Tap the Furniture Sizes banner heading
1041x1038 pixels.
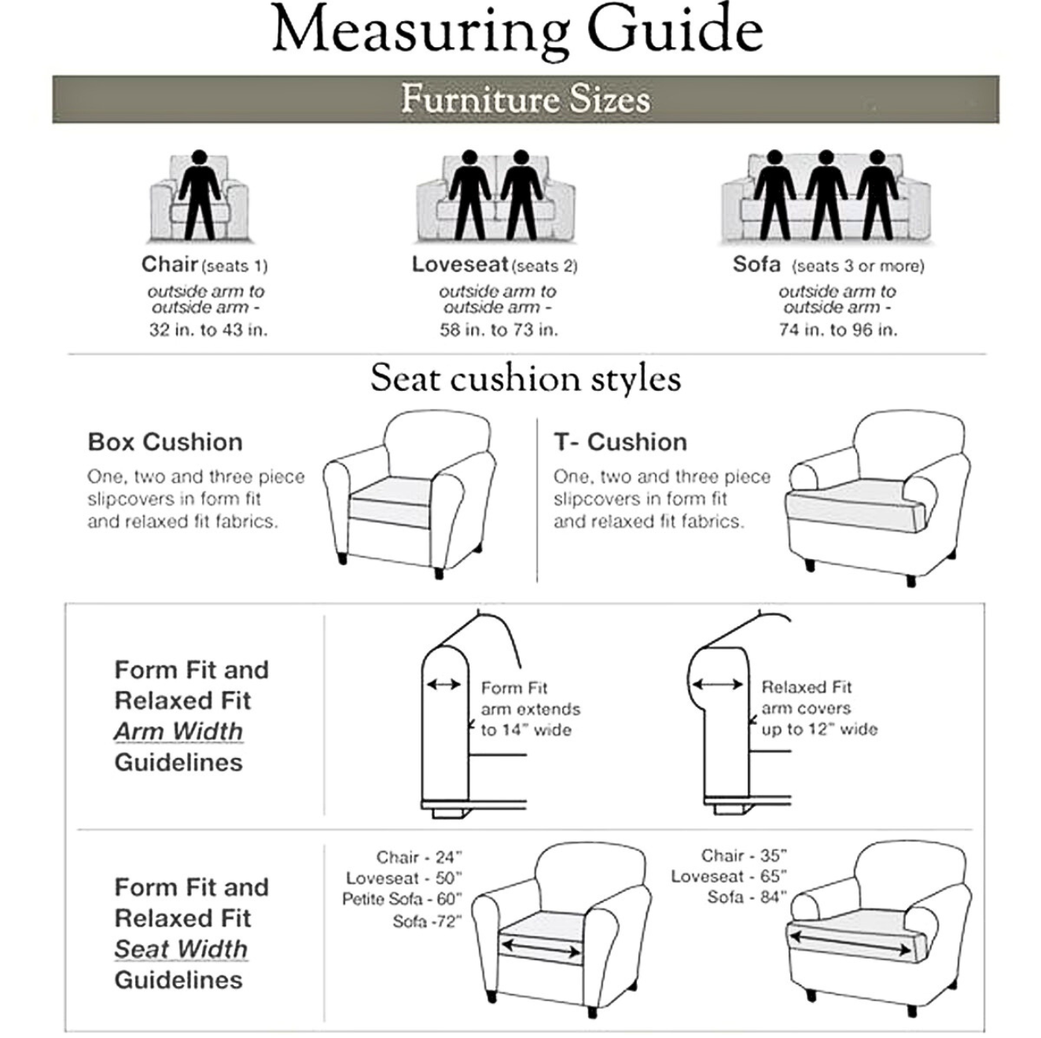[x=525, y=99]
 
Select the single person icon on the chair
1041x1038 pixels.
[x=199, y=194]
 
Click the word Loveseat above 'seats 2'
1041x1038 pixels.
[x=460, y=264]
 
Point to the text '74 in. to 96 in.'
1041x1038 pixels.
[x=837, y=330]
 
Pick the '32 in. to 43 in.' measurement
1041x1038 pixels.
[x=208, y=330]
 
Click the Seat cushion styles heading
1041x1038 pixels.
[x=525, y=378]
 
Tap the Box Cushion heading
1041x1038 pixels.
[x=165, y=442]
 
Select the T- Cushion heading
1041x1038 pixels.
[x=620, y=442]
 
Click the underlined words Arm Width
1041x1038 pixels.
[x=178, y=731]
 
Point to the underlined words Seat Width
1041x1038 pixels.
[x=181, y=949]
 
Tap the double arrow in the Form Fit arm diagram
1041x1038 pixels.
[x=444, y=685]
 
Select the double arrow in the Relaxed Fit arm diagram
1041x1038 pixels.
[x=717, y=685]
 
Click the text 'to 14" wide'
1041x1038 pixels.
[x=525, y=731]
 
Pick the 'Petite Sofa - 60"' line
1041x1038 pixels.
[x=402, y=899]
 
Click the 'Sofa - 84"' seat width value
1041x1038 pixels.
[x=746, y=897]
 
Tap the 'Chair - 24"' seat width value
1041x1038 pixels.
[x=418, y=857]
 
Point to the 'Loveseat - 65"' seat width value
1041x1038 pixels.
[x=728, y=877]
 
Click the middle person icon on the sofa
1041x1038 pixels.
[x=825, y=194]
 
